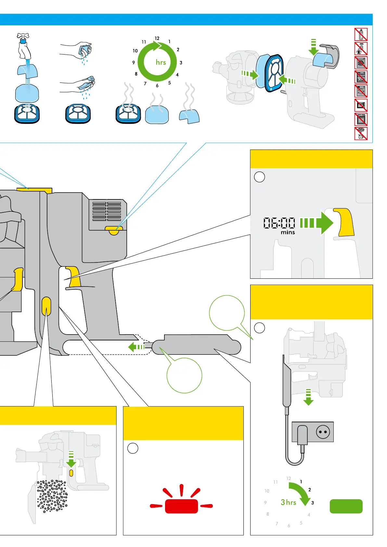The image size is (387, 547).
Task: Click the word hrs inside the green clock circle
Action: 161,62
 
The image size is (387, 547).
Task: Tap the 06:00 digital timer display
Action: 279,223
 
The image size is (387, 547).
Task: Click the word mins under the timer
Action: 288,233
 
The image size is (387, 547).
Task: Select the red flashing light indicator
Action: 181,506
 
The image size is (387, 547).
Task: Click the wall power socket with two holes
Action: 323,432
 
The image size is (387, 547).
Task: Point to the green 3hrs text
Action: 289,502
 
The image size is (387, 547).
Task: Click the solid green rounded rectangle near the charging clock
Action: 346,506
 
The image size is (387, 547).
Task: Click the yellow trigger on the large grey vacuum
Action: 74,276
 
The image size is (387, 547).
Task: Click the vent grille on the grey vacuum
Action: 107,211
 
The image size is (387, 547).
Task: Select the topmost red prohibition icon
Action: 361,34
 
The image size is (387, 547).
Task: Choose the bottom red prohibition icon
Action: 361,134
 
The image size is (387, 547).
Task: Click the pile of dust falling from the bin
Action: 52,495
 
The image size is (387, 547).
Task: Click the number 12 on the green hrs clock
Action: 157,38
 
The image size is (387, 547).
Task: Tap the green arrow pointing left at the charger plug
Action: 136,347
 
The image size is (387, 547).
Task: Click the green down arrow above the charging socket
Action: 308,397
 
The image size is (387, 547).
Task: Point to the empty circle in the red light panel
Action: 133,448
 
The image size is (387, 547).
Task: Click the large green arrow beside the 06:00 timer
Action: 317,223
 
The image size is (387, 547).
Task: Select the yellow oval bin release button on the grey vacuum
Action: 46,306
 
